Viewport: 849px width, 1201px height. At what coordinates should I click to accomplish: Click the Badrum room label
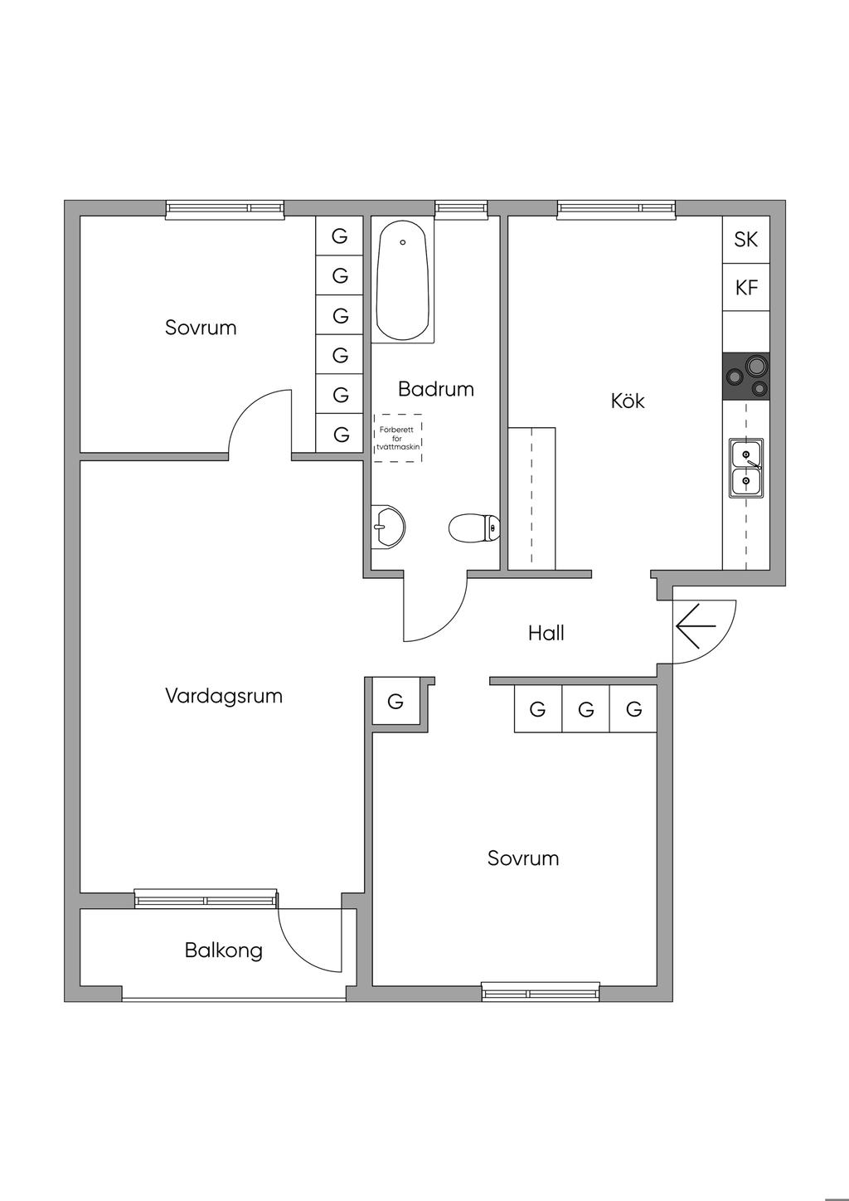tap(436, 389)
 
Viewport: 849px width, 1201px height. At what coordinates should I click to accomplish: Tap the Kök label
tap(627, 401)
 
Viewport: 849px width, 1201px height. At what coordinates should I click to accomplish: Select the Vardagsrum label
tap(224, 696)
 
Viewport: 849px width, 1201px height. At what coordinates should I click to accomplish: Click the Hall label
tap(546, 633)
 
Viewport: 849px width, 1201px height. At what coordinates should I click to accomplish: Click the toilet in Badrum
tap(474, 528)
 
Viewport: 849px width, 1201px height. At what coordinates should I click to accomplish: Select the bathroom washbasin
tap(388, 527)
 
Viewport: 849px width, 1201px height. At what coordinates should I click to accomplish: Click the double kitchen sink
tap(745, 467)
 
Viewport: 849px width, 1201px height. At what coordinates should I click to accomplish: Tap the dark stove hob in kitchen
tap(745, 376)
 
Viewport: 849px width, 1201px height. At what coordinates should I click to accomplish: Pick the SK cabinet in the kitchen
tap(746, 239)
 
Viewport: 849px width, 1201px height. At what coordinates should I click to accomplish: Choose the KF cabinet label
tap(746, 287)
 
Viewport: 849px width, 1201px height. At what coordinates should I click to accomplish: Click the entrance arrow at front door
tap(696, 625)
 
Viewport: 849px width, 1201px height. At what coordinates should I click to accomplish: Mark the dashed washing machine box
tap(398, 437)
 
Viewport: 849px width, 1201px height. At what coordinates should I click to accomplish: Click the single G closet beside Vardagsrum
tap(395, 701)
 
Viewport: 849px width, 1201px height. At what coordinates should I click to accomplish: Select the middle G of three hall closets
tap(586, 709)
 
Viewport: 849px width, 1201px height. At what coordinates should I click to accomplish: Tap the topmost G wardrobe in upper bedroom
tap(339, 236)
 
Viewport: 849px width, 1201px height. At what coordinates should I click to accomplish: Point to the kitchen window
tap(616, 209)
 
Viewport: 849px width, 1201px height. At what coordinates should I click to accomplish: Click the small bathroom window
tap(461, 209)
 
